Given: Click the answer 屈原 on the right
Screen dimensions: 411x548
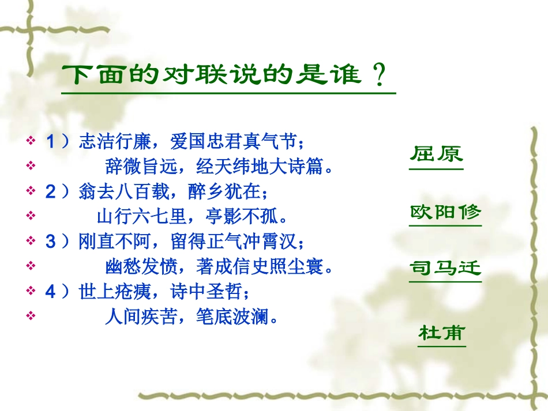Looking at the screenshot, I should [x=436, y=156].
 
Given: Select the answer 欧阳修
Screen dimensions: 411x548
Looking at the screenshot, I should [x=445, y=212].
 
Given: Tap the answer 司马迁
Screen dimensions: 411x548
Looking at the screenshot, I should [x=445, y=269].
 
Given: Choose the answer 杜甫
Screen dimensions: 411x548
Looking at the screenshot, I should [x=442, y=333].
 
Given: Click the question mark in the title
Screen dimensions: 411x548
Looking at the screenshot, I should [x=379, y=76].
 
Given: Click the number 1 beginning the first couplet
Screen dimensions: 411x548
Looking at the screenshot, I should [x=50, y=141].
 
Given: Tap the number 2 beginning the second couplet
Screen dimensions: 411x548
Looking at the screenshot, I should [x=50, y=191].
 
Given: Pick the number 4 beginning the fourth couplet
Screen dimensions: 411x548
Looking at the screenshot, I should [x=50, y=291].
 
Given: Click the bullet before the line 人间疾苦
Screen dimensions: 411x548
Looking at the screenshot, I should [x=31, y=316].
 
